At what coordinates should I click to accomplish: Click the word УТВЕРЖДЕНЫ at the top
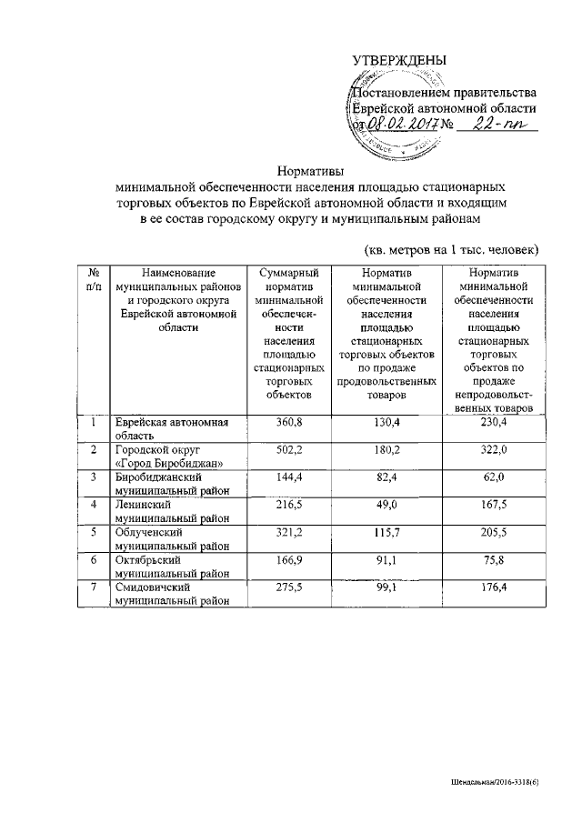[x=399, y=61]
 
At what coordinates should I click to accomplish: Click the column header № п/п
[x=93, y=279]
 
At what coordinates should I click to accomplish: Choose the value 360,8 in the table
[x=290, y=422]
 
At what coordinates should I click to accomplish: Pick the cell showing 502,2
[x=290, y=450]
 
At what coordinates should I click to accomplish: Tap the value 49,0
[x=387, y=506]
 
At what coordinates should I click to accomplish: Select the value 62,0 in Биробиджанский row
[x=491, y=477]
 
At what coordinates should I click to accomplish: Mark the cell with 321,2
[x=290, y=533]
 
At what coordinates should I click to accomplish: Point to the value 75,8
[x=491, y=561]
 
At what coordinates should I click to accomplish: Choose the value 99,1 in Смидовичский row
[x=387, y=588]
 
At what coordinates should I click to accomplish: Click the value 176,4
[x=491, y=588]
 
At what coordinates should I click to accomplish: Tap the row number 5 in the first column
[x=93, y=533]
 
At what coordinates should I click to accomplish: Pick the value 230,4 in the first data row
[x=491, y=422]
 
